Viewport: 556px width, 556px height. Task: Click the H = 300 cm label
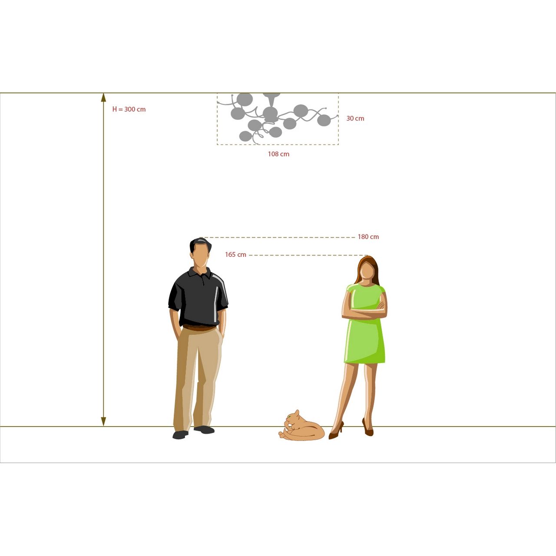point(129,109)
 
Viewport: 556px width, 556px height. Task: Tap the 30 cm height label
point(355,118)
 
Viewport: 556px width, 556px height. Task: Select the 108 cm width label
point(278,154)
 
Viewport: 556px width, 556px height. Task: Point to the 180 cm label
point(368,237)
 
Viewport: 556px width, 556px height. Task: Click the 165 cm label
point(235,255)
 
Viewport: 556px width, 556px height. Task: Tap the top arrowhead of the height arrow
point(103,98)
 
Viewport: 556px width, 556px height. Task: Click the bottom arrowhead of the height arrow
point(103,421)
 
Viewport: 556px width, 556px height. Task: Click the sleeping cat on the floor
point(302,427)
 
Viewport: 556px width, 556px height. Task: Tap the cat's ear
point(297,412)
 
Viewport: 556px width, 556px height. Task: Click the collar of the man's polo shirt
point(200,273)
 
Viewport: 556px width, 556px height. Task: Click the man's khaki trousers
point(198,378)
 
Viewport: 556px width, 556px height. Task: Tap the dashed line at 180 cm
point(278,238)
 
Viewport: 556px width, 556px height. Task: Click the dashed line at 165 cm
point(308,255)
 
